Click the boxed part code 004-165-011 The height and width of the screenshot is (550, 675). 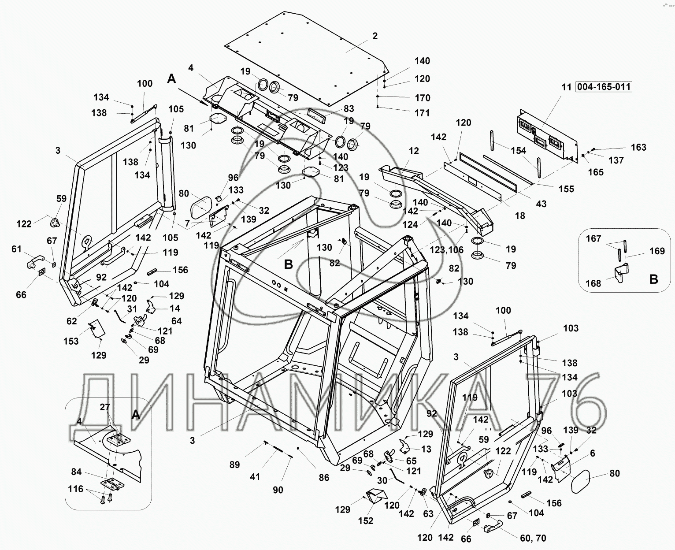coord(603,87)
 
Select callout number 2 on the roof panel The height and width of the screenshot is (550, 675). coord(375,36)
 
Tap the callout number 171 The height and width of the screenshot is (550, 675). coord(422,113)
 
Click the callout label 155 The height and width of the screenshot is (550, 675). coord(566,189)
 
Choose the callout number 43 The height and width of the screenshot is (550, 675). coord(541,204)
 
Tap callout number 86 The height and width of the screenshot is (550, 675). coord(324,477)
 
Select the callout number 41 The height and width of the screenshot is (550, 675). coord(255,476)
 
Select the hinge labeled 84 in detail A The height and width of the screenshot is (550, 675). coord(111,484)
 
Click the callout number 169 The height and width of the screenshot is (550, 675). coord(656,251)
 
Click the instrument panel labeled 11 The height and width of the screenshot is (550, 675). coord(546,134)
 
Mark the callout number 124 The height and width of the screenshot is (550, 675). coord(410,224)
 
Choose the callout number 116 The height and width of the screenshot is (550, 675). coord(75,489)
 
